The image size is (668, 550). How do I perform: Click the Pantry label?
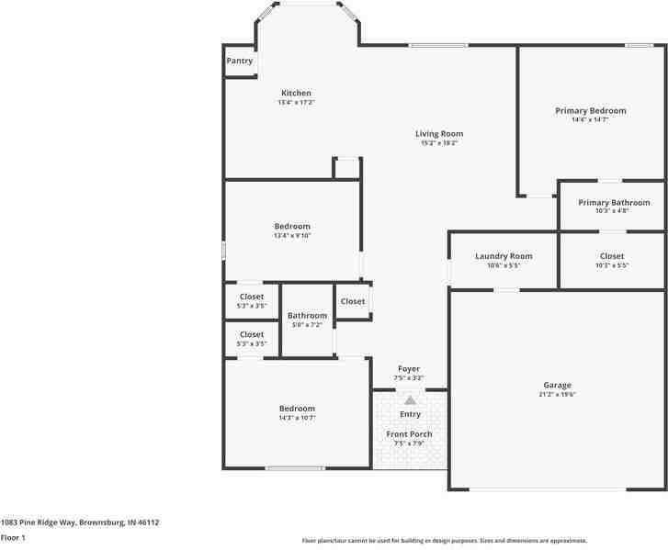pos(240,61)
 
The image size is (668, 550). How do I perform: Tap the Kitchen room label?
pos(296,93)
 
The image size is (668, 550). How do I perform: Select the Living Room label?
pos(439,133)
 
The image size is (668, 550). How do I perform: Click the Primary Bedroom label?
pos(590,110)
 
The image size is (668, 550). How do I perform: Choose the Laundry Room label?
pos(504,256)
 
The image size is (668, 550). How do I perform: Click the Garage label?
pos(557,385)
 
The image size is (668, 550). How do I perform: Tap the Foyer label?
pos(409,368)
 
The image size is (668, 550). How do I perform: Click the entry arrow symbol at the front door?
pos(410,399)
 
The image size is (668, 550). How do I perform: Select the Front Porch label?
pos(409,434)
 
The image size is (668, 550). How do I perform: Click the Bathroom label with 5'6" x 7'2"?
pos(307,315)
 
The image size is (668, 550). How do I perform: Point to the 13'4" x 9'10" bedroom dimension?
pos(292,235)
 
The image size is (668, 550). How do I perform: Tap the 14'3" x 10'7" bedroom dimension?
pos(297,418)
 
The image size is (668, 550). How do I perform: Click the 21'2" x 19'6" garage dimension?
pos(557,394)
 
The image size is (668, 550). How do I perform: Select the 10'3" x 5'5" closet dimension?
pos(612,265)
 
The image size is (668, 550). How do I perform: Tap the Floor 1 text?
pos(13,537)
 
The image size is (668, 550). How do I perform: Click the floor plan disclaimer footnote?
pos(445,541)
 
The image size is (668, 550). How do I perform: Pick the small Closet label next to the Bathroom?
pos(353,301)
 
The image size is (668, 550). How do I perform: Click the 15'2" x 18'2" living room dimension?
pos(439,142)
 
